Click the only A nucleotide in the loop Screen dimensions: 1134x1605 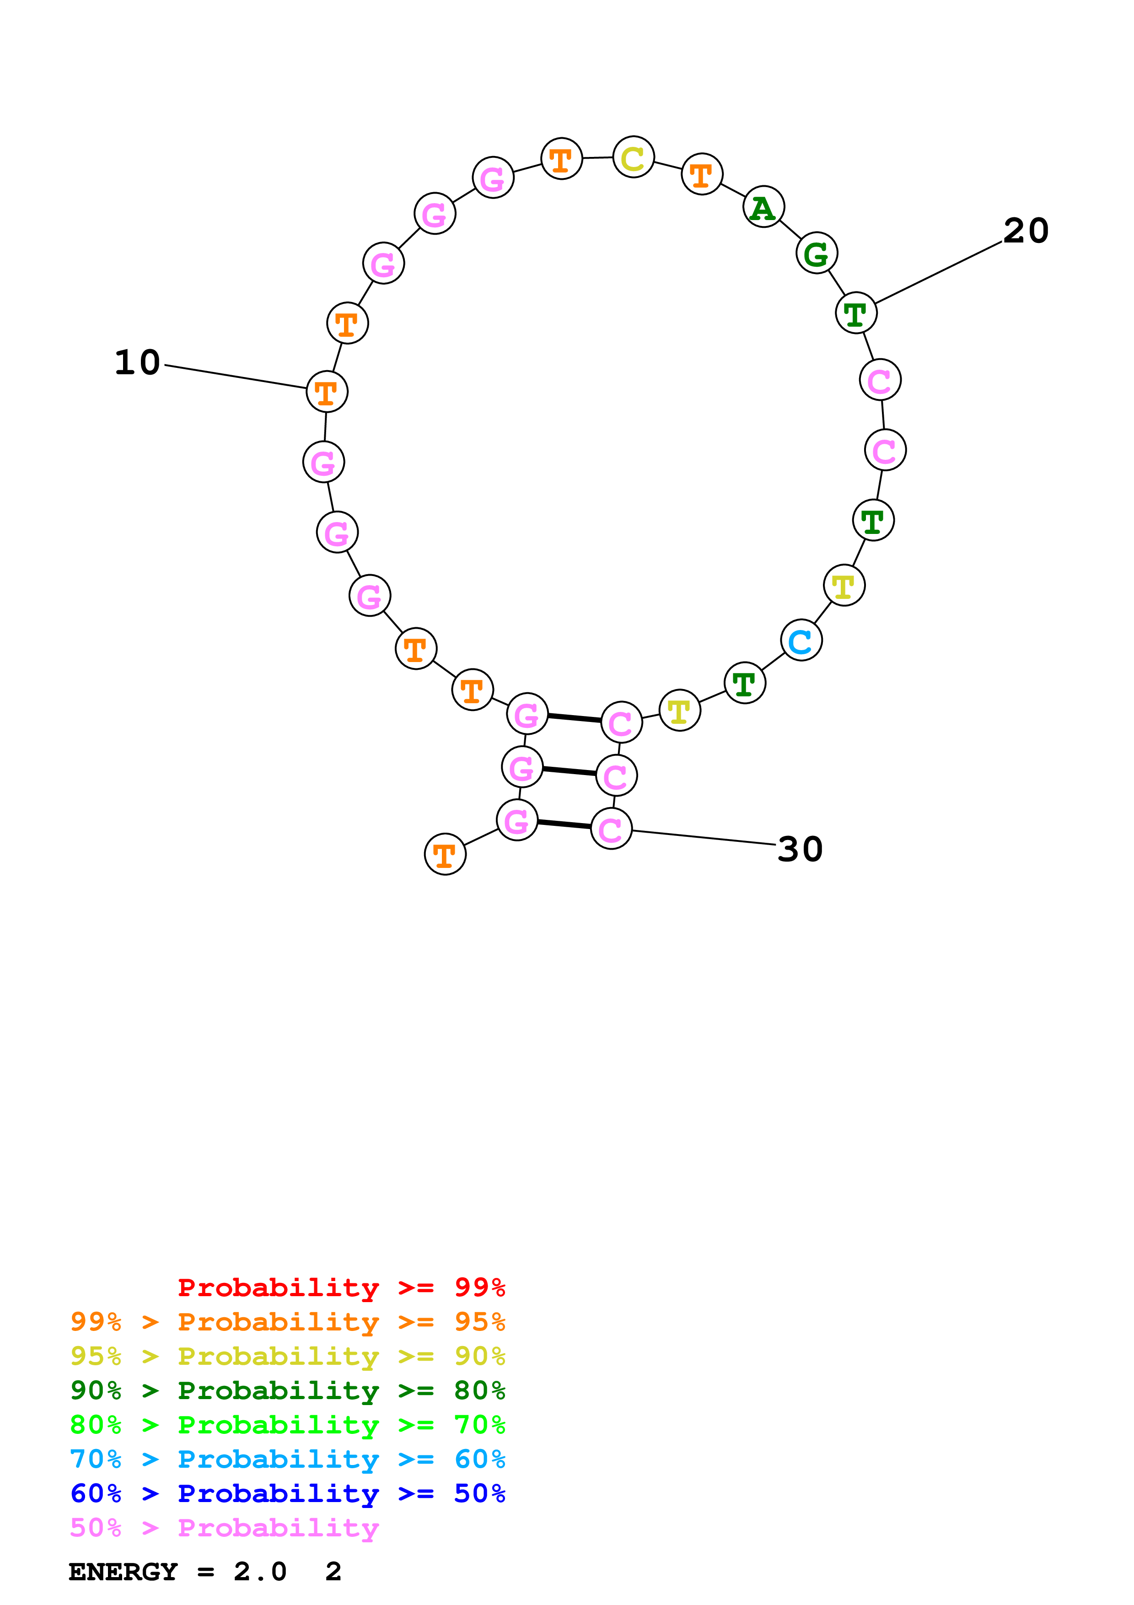(763, 208)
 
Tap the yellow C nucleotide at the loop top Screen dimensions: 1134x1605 (633, 158)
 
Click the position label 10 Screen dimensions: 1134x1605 (138, 363)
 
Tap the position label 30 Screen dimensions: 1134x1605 (800, 849)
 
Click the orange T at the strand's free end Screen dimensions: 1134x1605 (445, 854)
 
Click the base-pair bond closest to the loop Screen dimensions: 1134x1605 (574, 718)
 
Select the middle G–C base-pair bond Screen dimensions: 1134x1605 (569, 770)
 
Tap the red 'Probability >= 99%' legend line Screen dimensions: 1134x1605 (341, 1287)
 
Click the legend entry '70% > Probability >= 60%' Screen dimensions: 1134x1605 (287, 1459)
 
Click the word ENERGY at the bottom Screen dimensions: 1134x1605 (123, 1572)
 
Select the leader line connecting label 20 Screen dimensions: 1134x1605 (938, 273)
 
